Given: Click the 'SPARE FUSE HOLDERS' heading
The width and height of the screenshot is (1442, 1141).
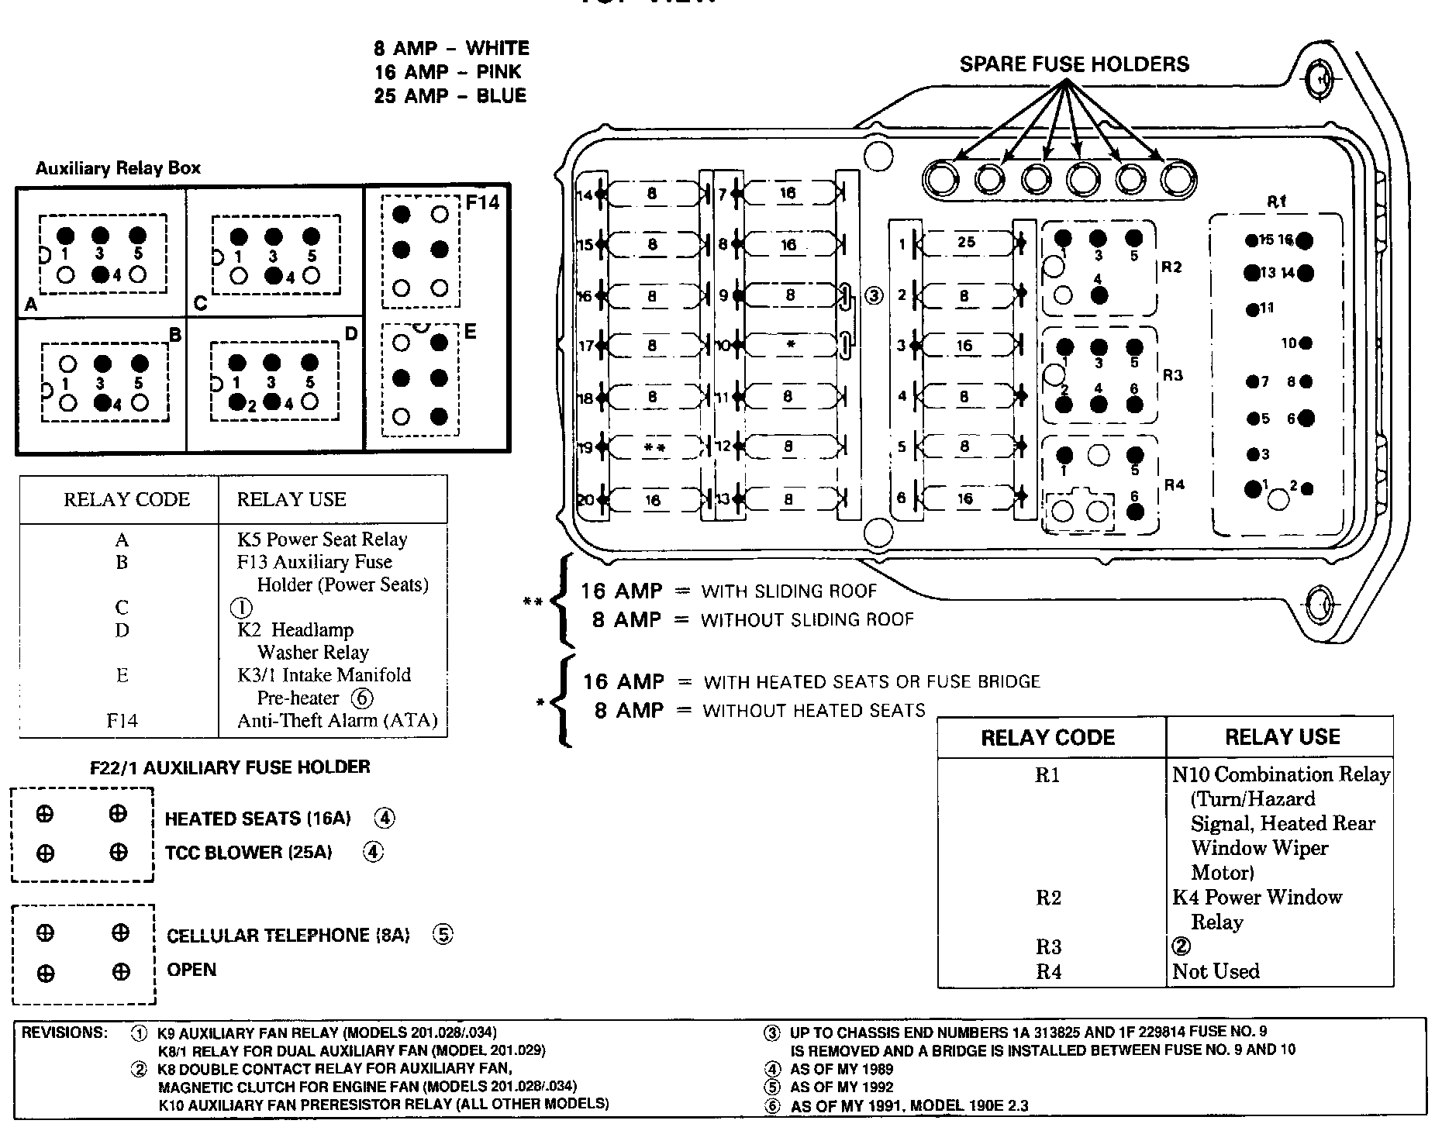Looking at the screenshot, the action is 1074,64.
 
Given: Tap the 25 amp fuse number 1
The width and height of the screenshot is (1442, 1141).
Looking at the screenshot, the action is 966,242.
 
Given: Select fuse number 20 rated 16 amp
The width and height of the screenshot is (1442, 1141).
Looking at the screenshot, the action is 653,500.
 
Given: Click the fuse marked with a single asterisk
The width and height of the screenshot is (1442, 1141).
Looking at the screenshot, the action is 789,345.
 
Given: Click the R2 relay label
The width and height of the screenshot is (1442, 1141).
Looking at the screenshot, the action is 1171,267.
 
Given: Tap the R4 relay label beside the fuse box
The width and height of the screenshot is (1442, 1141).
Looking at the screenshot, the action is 1174,485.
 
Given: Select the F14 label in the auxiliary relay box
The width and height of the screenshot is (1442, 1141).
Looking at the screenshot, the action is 482,203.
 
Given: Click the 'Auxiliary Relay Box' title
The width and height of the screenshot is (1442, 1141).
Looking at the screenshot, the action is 118,168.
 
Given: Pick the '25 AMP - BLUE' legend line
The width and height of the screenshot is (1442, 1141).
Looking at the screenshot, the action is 450,96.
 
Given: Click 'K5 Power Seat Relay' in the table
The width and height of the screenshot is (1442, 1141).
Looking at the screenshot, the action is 322,539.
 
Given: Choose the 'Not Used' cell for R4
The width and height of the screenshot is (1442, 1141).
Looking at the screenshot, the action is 1216,971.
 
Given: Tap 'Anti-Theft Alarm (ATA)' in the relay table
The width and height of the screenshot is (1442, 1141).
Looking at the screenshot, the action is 337,721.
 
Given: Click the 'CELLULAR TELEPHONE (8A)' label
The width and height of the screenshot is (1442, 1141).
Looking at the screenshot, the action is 288,936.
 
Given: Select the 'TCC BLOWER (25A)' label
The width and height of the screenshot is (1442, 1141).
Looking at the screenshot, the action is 248,853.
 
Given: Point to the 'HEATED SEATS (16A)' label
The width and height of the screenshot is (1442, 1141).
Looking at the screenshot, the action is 257,819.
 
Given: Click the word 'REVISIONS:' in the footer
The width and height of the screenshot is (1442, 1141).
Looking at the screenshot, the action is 64,1032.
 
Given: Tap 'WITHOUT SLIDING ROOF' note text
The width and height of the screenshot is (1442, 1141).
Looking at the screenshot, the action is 807,620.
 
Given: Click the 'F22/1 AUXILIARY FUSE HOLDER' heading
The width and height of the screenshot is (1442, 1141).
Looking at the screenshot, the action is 229,767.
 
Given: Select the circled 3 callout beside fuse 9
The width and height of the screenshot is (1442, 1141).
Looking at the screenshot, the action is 874,295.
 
